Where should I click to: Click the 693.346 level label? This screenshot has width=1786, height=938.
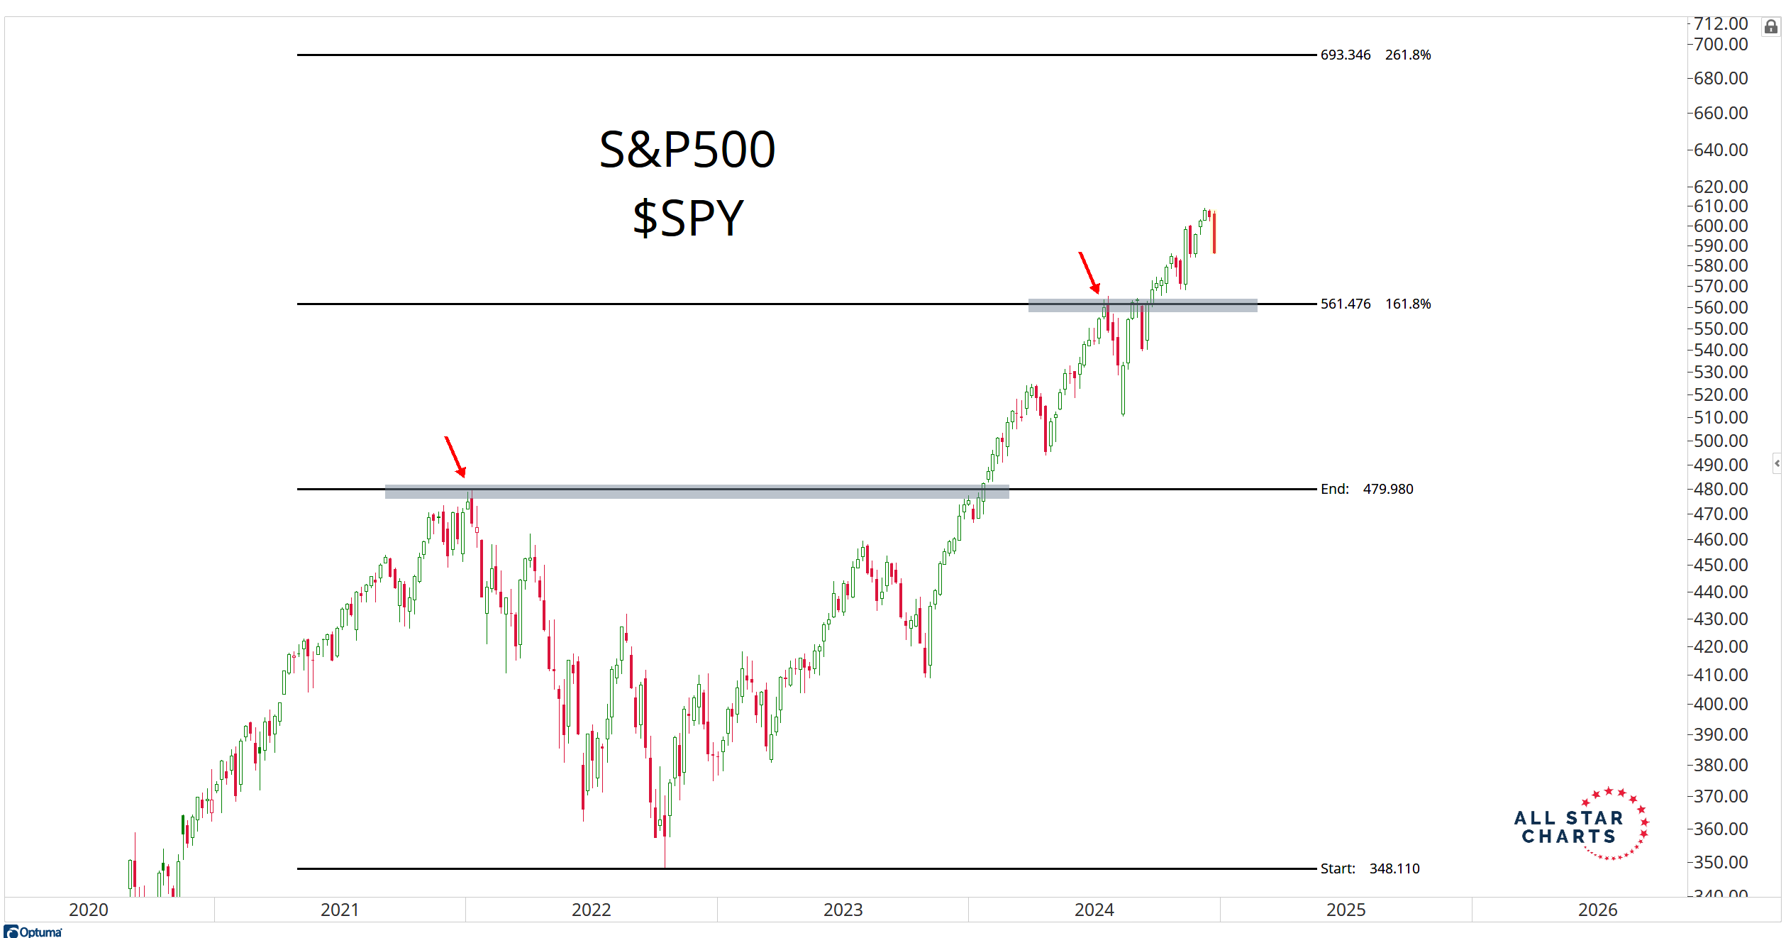click(x=1345, y=55)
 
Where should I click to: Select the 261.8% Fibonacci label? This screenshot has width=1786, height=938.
click(x=1408, y=55)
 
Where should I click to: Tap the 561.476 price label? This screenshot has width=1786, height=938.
click(x=1345, y=304)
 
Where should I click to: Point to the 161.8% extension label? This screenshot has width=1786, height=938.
click(x=1408, y=304)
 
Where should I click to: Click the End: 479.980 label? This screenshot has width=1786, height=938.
click(x=1366, y=489)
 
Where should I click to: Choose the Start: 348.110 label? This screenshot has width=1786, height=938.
click(x=1370, y=868)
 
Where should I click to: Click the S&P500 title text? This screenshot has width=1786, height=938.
click(x=687, y=150)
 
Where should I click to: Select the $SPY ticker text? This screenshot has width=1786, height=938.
click(x=687, y=218)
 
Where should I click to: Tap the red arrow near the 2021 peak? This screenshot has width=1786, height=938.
click(x=455, y=457)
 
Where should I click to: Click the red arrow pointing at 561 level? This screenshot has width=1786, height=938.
click(x=1089, y=272)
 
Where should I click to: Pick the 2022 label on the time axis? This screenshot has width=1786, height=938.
click(x=591, y=910)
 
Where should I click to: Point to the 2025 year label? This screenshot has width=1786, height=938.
click(x=1346, y=910)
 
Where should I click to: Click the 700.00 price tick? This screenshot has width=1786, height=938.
click(x=1720, y=44)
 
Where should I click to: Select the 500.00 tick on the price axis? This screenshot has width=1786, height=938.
click(x=1720, y=441)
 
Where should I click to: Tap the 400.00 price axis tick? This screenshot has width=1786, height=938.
click(x=1720, y=704)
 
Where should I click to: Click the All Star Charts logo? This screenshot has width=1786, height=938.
click(x=1581, y=825)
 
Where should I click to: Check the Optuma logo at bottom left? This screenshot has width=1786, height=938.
click(x=33, y=932)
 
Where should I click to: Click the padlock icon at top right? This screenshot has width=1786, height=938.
click(x=1771, y=27)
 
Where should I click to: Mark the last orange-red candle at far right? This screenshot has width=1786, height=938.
click(x=1214, y=233)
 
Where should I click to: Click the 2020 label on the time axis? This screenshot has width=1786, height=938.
click(x=89, y=910)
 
